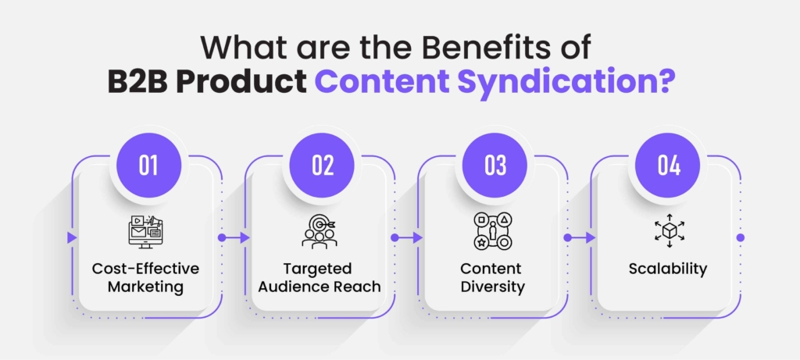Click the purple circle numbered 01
pyautogui.click(x=148, y=166)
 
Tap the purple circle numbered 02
pyautogui.click(x=322, y=166)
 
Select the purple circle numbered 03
pyautogui.click(x=495, y=166)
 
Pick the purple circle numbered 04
pyautogui.click(x=668, y=166)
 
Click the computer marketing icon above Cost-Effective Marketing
pyautogui.click(x=145, y=231)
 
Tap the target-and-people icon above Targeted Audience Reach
pyautogui.click(x=320, y=231)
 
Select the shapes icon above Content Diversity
pyautogui.click(x=492, y=231)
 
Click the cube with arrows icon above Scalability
pyautogui.click(x=669, y=231)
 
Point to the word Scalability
pyautogui.click(x=668, y=268)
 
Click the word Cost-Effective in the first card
pyautogui.click(x=145, y=268)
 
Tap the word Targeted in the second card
pyautogui.click(x=318, y=268)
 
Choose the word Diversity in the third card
pyautogui.click(x=492, y=287)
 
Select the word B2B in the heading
pyautogui.click(x=137, y=83)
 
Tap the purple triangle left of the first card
pyautogui.click(x=72, y=237)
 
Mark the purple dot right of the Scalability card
pyautogui.click(x=741, y=237)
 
